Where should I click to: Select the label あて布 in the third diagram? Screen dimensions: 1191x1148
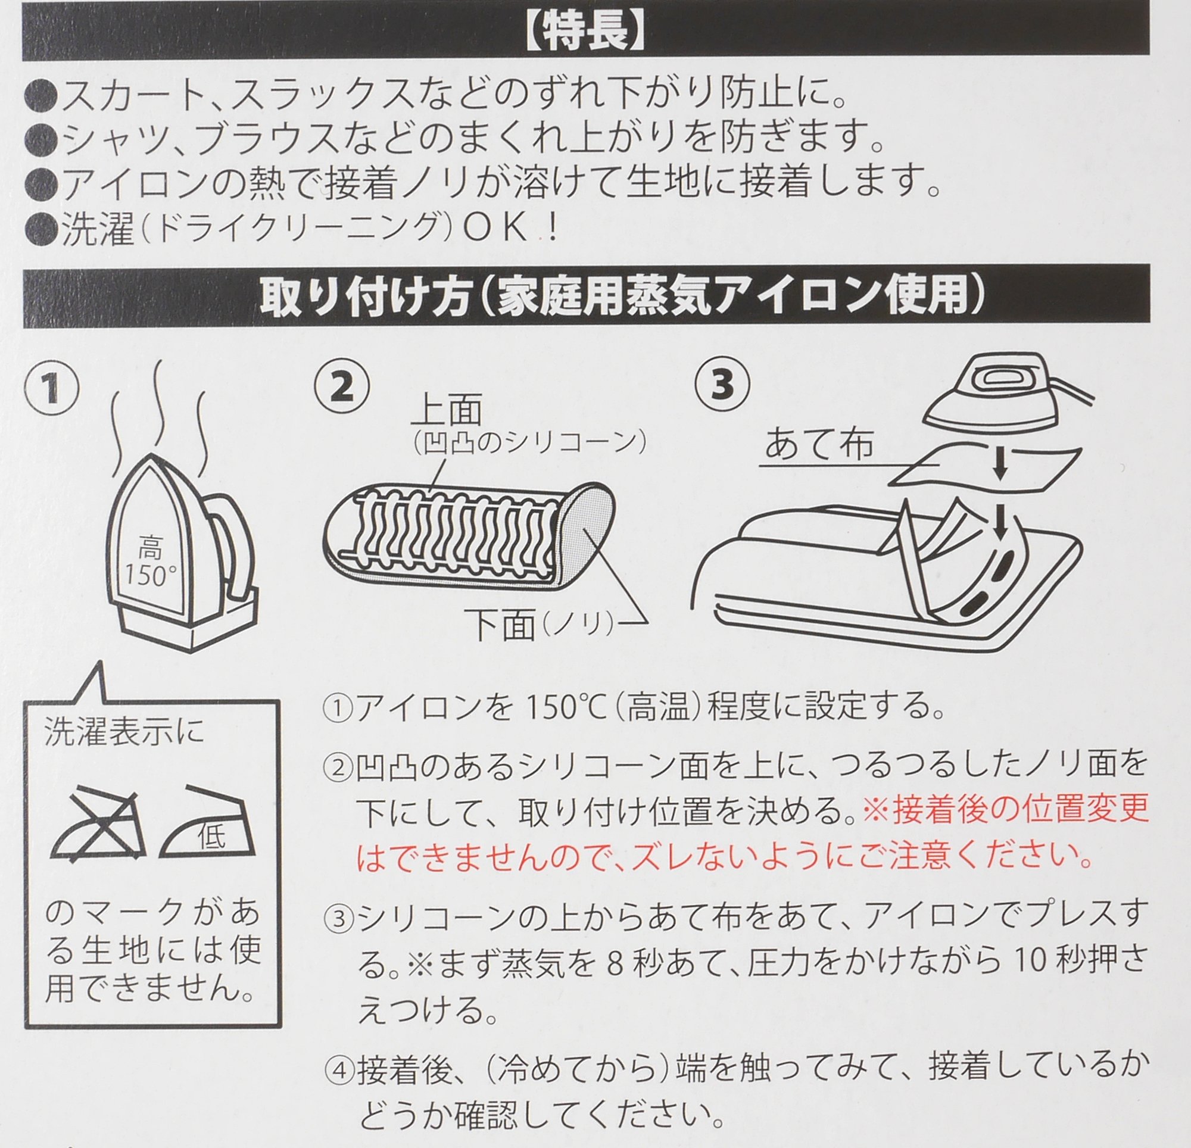click(x=818, y=444)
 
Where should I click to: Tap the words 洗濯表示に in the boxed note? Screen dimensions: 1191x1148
click(x=124, y=732)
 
